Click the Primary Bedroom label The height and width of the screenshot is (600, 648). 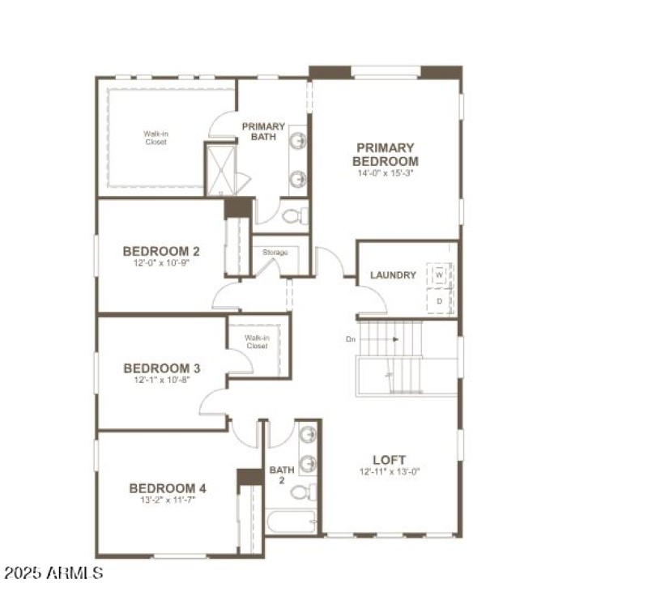(x=386, y=154)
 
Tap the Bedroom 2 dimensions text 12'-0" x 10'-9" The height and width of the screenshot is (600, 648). (x=161, y=263)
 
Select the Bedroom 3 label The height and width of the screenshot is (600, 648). (x=161, y=368)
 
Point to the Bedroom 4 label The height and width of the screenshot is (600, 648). (x=168, y=488)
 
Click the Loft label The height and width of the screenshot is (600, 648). (x=389, y=459)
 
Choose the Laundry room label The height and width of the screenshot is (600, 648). (x=393, y=275)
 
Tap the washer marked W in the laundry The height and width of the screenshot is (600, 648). (x=439, y=275)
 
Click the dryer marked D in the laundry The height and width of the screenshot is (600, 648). (x=439, y=300)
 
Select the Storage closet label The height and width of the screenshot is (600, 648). (x=275, y=253)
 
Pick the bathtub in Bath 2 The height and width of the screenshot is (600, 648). (x=292, y=521)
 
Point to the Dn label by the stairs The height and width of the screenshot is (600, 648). (x=351, y=339)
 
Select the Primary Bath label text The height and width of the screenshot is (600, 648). (x=263, y=131)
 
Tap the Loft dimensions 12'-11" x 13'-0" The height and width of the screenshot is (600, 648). (x=390, y=471)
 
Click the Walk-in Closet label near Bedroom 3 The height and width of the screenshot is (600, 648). (x=257, y=342)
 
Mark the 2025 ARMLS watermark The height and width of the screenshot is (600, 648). (x=53, y=573)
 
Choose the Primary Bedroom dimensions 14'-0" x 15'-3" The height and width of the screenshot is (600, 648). (x=386, y=172)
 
